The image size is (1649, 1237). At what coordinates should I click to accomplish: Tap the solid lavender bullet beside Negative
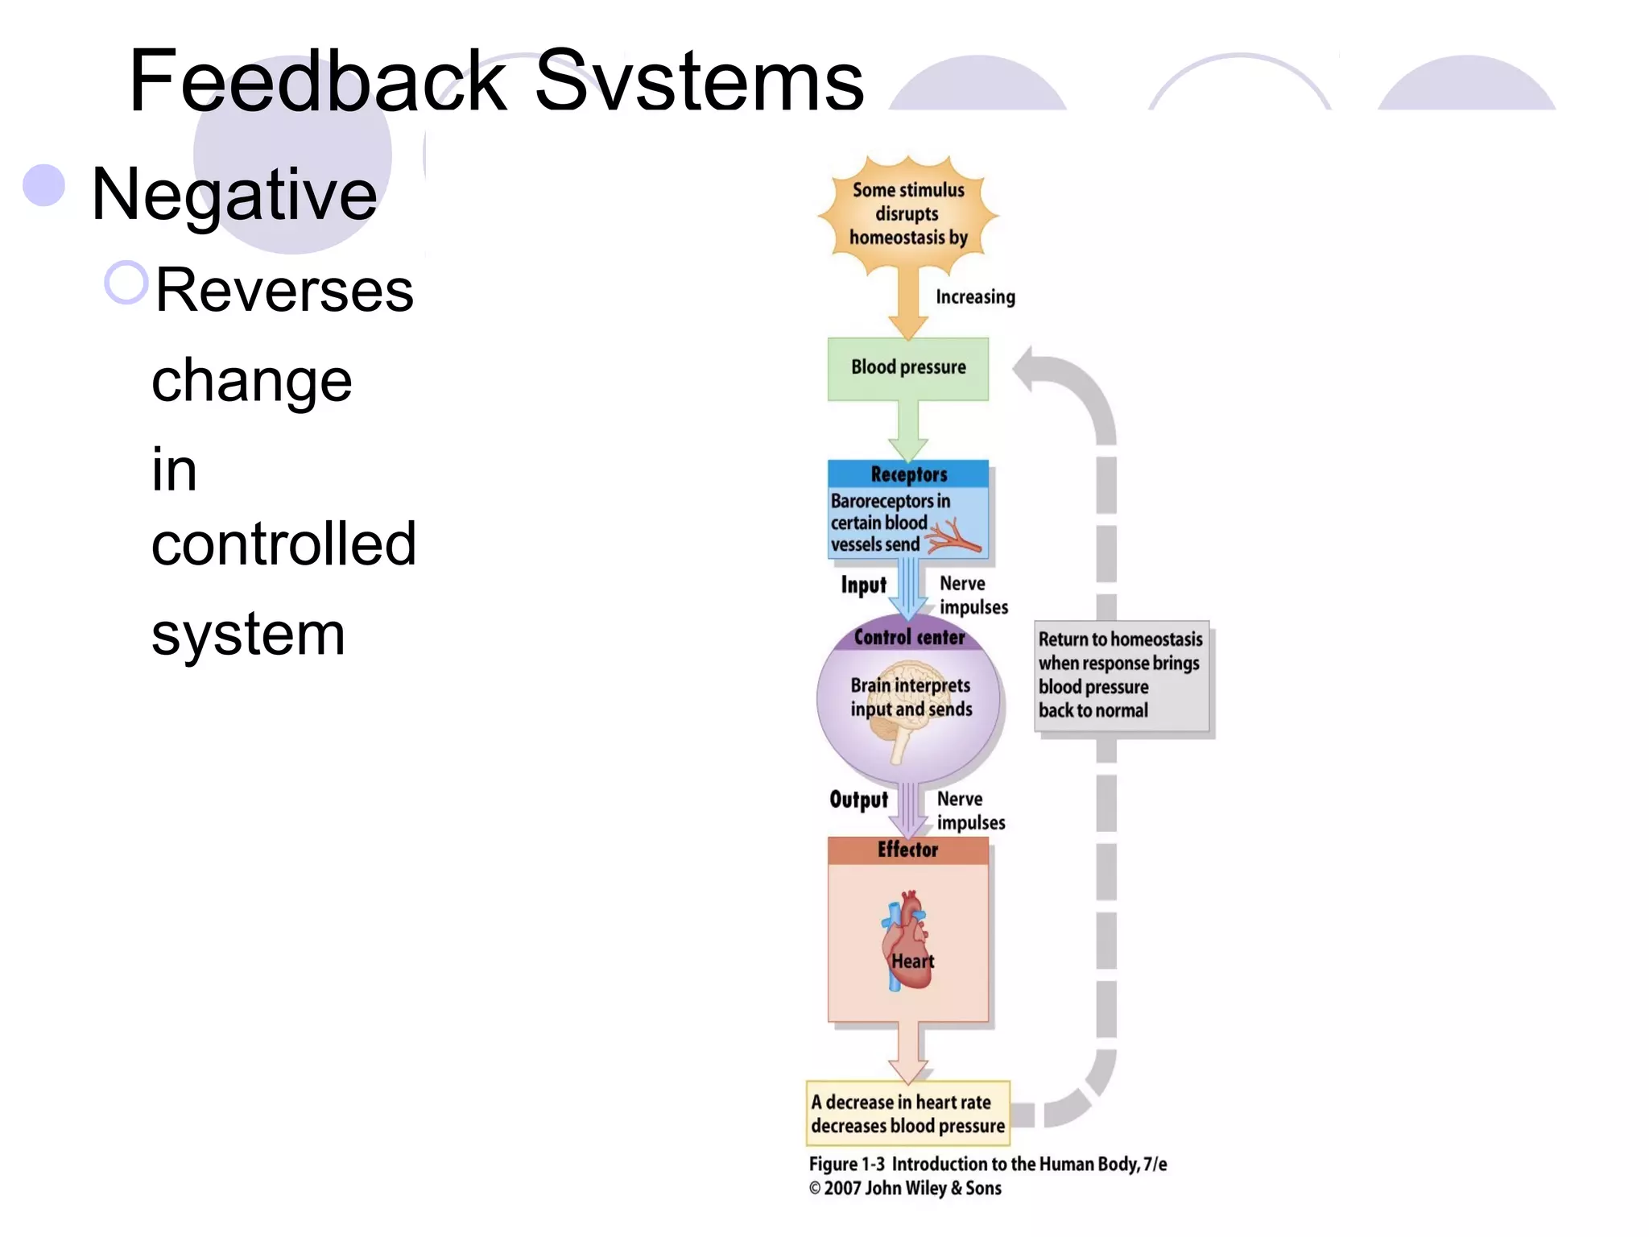point(44,186)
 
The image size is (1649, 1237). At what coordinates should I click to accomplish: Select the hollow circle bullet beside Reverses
point(126,283)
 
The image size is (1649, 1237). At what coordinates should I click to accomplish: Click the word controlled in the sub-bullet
point(283,544)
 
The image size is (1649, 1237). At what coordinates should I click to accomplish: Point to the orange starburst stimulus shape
point(908,214)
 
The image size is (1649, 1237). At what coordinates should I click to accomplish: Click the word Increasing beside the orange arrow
point(975,297)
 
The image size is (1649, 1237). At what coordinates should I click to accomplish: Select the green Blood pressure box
point(908,368)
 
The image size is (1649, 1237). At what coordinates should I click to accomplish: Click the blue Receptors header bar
point(908,474)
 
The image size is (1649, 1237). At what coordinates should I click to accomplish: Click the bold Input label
point(863,585)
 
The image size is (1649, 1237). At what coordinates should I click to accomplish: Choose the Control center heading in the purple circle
point(909,638)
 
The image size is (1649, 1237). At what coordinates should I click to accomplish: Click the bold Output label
point(858,800)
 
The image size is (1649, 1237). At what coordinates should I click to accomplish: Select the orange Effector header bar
point(908,850)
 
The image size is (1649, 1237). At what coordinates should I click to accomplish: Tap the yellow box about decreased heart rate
point(908,1114)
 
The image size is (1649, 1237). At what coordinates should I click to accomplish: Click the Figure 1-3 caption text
point(987,1165)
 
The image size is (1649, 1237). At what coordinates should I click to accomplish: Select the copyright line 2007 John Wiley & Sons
point(906,1189)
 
